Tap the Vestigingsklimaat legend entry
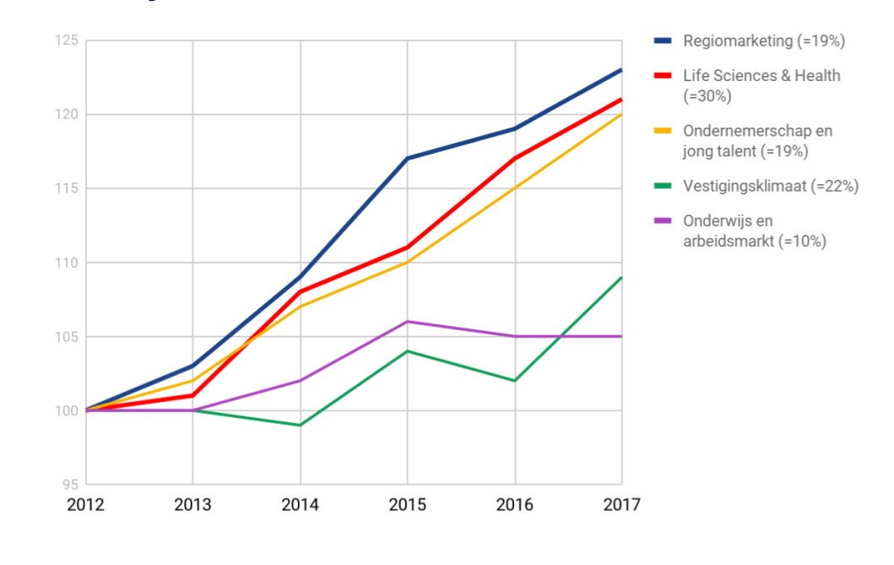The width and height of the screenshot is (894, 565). coord(771,187)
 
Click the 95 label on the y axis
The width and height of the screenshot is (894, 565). coord(68,485)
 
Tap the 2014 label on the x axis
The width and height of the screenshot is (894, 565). coord(300,505)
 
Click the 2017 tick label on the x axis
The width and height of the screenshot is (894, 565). coord(622,505)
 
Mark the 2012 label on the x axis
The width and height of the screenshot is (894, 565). coord(85,505)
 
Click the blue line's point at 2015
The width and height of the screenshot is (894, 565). coord(407,158)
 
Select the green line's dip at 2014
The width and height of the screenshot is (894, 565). coord(300,425)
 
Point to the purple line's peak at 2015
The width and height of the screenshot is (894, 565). coord(407,321)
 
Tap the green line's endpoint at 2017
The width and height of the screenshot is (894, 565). coord(621,277)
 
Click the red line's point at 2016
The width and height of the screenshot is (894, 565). coord(514,158)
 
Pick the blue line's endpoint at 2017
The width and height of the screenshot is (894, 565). coord(621,70)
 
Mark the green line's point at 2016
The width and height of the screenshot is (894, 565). coord(514,380)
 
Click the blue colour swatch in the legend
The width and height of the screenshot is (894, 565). coord(663,41)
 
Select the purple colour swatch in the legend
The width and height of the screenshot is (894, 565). coord(663,221)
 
